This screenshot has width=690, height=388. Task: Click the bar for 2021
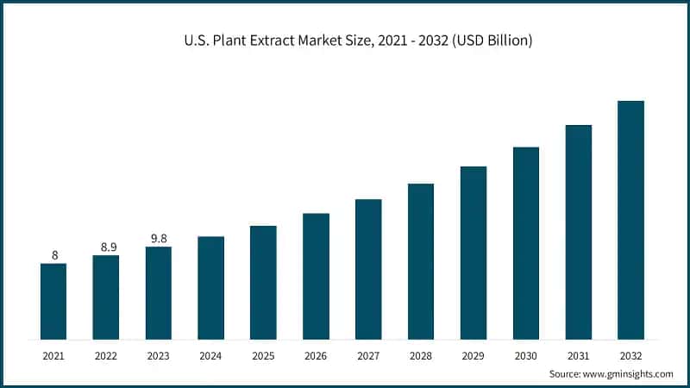coord(53,301)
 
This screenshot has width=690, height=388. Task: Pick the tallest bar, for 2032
coord(630,220)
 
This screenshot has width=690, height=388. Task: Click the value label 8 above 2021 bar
coord(53,255)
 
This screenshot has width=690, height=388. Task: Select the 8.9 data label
coord(106,247)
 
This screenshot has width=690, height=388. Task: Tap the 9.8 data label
coord(159,239)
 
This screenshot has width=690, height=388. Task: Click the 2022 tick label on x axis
coord(106,354)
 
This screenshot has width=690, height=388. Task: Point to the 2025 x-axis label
coord(263,354)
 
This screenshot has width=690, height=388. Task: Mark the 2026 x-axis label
coord(316,354)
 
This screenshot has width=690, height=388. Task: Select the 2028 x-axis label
coord(421,354)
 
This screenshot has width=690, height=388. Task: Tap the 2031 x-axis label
coord(578,354)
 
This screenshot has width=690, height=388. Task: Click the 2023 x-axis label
coord(159,354)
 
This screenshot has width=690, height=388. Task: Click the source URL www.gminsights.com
coord(627,373)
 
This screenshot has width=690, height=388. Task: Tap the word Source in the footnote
coord(566,373)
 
